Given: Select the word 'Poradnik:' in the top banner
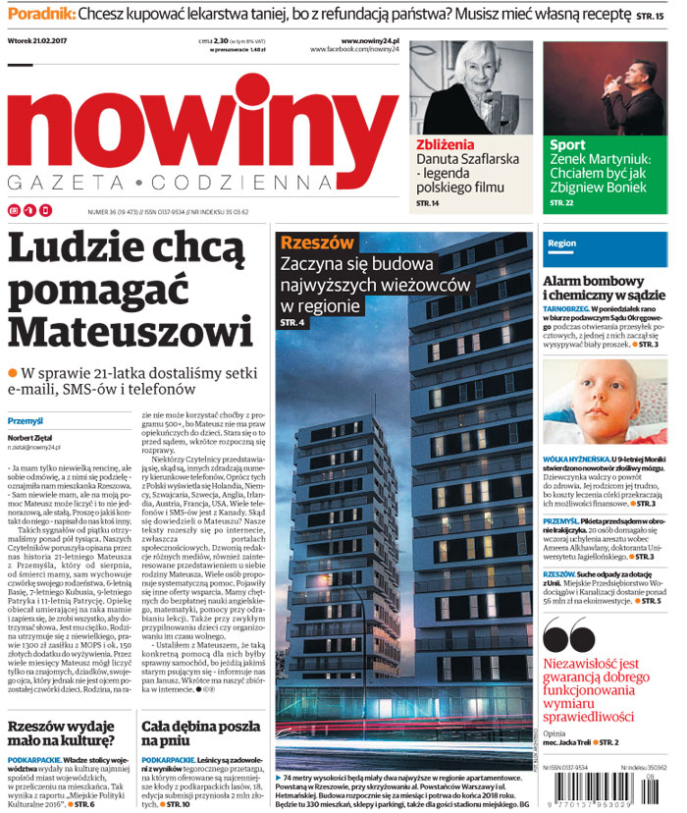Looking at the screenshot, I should point(39,15).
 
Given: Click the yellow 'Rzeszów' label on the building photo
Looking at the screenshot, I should point(317,243).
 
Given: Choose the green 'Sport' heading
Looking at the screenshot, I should point(569,145).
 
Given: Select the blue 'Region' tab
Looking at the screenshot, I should point(562,243).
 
